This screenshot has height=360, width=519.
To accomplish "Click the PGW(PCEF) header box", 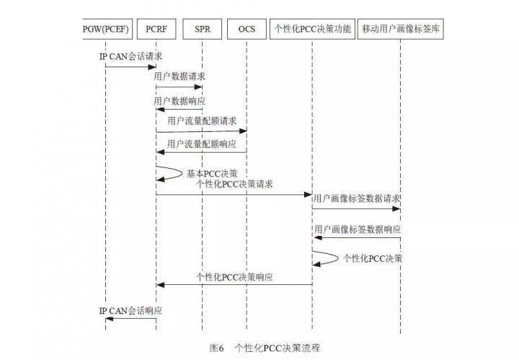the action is (107, 29).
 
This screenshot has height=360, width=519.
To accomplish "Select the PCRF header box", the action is (156, 29).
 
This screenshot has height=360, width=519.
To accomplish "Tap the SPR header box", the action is (203, 29).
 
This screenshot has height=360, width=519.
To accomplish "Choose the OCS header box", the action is (247, 29).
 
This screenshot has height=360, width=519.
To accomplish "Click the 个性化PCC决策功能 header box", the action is (312, 29).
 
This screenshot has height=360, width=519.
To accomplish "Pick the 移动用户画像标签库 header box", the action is (401, 29).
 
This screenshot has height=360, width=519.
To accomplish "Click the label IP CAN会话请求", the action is (131, 56).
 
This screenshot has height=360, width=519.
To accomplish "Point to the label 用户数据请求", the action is (179, 76).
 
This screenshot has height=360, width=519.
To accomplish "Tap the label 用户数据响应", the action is (179, 101).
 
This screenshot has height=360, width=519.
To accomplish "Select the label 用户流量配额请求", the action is (202, 121).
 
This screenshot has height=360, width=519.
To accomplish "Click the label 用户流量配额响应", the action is (202, 144).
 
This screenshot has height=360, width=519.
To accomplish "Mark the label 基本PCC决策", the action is (212, 173).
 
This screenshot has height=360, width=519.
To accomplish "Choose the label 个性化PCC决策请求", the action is (234, 184).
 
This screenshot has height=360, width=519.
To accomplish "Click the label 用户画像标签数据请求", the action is (357, 198).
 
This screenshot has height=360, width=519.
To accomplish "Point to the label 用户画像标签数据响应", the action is (358, 229).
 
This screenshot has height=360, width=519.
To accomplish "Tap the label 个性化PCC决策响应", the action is (234, 277).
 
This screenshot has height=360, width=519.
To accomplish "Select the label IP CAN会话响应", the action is (130, 311).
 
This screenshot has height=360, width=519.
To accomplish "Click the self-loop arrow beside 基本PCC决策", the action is (182, 173).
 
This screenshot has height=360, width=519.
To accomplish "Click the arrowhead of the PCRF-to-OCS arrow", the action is (243, 131).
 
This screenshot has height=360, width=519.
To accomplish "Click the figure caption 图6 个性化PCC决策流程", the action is (265, 348).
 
